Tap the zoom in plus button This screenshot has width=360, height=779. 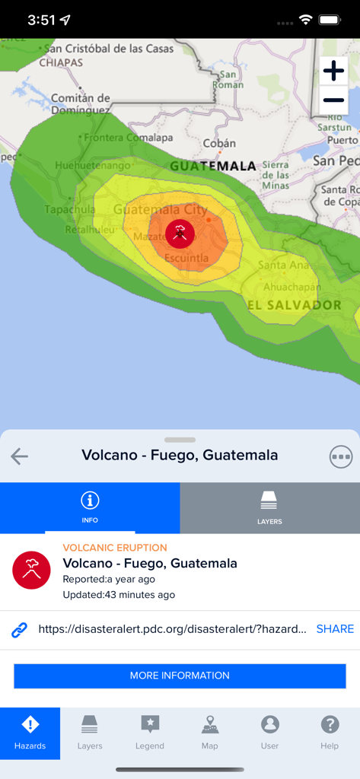point(333,72)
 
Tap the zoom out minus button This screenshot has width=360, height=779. point(333,100)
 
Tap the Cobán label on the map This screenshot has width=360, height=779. point(219,143)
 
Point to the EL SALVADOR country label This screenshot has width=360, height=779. point(295,305)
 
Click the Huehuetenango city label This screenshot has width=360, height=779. point(94,165)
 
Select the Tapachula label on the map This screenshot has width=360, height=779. point(70,209)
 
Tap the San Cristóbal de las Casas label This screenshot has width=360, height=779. point(109,49)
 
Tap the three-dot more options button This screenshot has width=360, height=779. point(341,456)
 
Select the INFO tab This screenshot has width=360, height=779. point(90,507)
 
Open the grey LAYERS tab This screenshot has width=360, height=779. point(269,507)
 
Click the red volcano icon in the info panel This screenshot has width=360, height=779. point(31,571)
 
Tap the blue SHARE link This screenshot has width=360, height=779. point(335,629)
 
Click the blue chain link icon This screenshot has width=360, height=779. point(20,630)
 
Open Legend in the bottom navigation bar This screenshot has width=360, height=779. point(150,733)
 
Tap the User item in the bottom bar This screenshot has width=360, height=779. point(269,733)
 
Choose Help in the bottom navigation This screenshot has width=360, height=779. point(330,733)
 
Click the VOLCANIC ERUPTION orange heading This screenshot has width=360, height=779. point(115,548)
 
